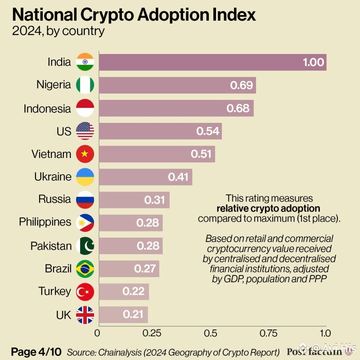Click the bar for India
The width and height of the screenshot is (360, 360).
tap(211, 62)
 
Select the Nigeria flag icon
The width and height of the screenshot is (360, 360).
tap(85, 85)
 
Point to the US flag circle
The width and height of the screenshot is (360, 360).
tap(85, 131)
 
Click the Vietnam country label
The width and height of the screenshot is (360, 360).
tap(51, 154)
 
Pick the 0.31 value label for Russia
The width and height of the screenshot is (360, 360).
tap(155, 200)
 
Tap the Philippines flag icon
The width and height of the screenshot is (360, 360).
tap(85, 223)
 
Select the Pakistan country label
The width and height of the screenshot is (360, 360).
tap(51, 246)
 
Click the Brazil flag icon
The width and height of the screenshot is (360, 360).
tap(85, 269)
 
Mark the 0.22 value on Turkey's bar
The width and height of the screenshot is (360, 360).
tap(133, 292)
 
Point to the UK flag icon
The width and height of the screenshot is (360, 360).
tap(85, 315)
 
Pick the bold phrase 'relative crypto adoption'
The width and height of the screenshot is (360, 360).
tap(269, 208)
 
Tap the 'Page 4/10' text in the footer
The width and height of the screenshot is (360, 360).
tap(36, 351)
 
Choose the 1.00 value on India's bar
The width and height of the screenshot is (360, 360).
tap(313, 62)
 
